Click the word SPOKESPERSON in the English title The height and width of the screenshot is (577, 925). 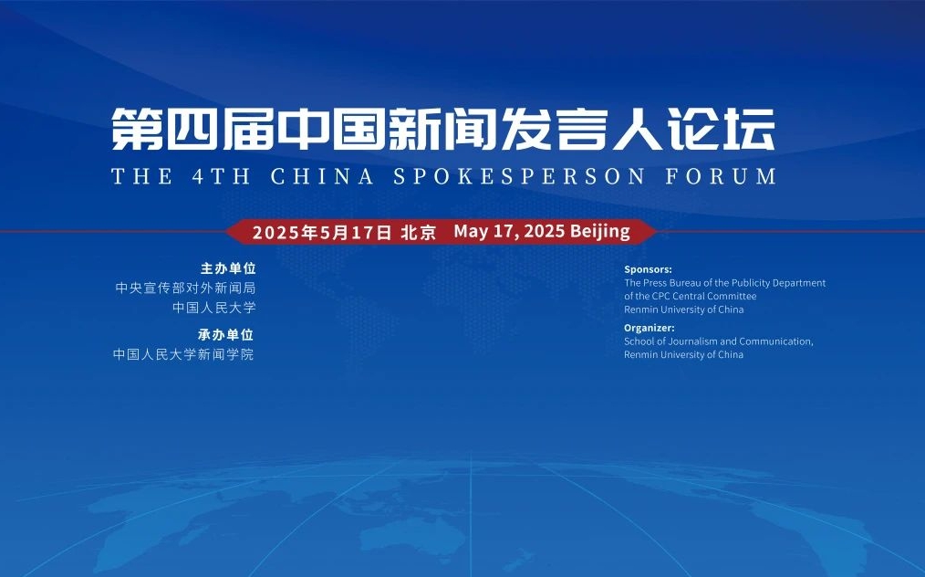point(519,176)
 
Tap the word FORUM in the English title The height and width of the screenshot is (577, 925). point(721,176)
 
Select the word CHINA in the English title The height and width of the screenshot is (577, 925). point(322,176)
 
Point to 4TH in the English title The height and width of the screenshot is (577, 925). point(222,176)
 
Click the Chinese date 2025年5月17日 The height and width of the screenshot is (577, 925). point(322,232)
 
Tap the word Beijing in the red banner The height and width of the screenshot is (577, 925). point(600,232)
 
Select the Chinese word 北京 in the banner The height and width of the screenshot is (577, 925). point(418,232)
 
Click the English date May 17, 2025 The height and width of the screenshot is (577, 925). point(509,231)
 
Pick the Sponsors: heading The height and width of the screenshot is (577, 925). point(648,269)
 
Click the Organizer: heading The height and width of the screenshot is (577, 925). point(649,328)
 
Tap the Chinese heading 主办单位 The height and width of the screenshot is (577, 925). point(228,268)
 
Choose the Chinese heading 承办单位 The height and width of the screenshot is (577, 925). point(225,335)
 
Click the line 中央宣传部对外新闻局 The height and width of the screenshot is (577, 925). point(185,288)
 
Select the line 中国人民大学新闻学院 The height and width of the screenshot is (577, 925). point(182,354)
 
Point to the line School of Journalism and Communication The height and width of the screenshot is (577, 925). point(719,341)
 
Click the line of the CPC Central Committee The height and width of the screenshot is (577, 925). point(691,296)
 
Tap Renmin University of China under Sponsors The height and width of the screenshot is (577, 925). point(684,309)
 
